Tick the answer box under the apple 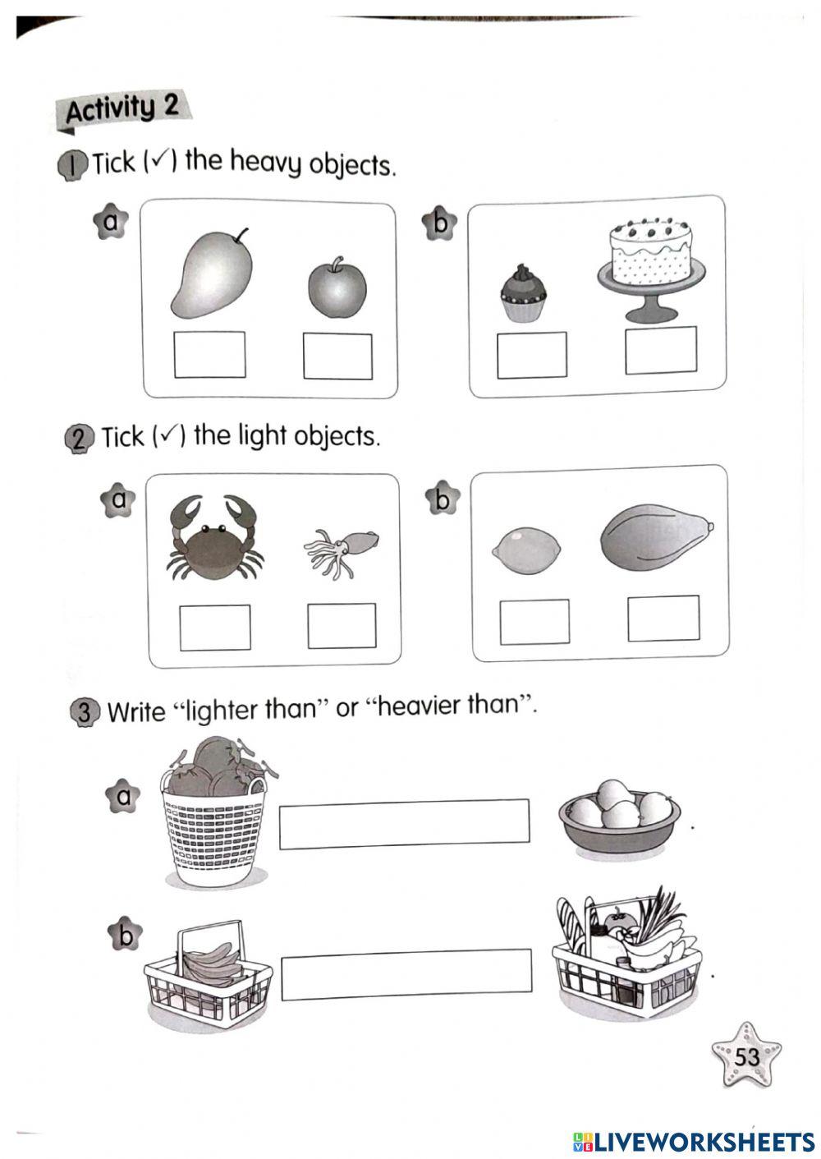[x=337, y=356]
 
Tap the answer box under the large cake [x=661, y=350]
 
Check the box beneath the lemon [x=534, y=622]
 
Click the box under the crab [x=215, y=628]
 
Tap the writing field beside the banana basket [x=406, y=974]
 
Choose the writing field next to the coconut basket [x=404, y=825]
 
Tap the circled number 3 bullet [x=84, y=712]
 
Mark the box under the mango [x=209, y=355]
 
